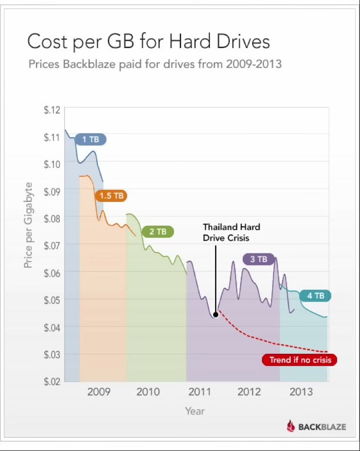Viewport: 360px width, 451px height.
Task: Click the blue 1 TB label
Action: pos(91,139)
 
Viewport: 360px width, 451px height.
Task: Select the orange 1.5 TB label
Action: pos(111,196)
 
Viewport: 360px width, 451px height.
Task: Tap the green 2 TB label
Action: pos(158,232)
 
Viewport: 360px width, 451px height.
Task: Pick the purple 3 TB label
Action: pos(259,259)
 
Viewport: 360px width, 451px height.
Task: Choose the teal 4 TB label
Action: pos(315,296)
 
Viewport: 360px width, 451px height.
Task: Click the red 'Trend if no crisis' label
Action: pos(300,360)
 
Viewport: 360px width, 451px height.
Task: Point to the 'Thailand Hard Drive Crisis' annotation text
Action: pos(231,233)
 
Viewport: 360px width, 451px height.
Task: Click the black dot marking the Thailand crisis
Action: pos(216,315)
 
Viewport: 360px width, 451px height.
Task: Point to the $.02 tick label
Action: pos(52,382)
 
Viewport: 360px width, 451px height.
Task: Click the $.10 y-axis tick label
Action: pos(52,164)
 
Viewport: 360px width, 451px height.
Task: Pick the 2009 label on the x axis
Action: pos(99,392)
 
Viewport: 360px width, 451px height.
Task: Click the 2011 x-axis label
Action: pos(200,392)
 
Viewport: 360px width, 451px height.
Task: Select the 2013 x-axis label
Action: pos(301,392)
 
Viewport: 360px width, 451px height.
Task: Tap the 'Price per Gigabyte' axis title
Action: pos(28,225)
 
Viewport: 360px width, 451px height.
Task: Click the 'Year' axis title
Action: pos(195,411)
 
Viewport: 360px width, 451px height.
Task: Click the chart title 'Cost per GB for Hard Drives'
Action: pos(149,42)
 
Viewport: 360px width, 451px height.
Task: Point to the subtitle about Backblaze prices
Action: pos(155,64)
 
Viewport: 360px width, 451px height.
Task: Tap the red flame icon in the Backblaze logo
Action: pos(291,426)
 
